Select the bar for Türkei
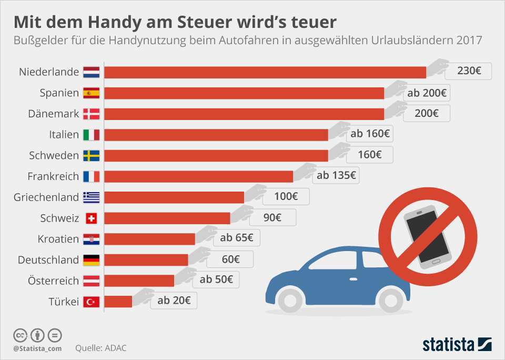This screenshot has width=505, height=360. coord(118,302)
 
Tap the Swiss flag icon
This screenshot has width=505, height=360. coord(91,218)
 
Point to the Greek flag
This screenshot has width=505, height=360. coord(91,197)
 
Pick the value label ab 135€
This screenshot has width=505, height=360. coord(336,176)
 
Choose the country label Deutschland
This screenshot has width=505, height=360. coord(48,260)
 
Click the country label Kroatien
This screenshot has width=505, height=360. coord(58,239)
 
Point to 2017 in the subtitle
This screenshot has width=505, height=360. coord(469,39)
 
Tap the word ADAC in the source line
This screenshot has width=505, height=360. coord(115,348)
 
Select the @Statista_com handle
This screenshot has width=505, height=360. coord(37,348)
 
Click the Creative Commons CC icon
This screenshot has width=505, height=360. coord(21,335)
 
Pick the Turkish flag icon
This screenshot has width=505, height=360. coord(91,302)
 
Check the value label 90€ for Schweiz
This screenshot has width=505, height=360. coord(272,217)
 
